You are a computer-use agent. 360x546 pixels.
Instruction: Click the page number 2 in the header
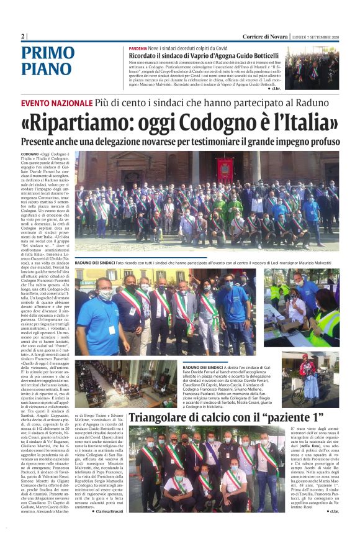[23, 36]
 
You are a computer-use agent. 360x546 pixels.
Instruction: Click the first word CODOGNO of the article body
[30, 153]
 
